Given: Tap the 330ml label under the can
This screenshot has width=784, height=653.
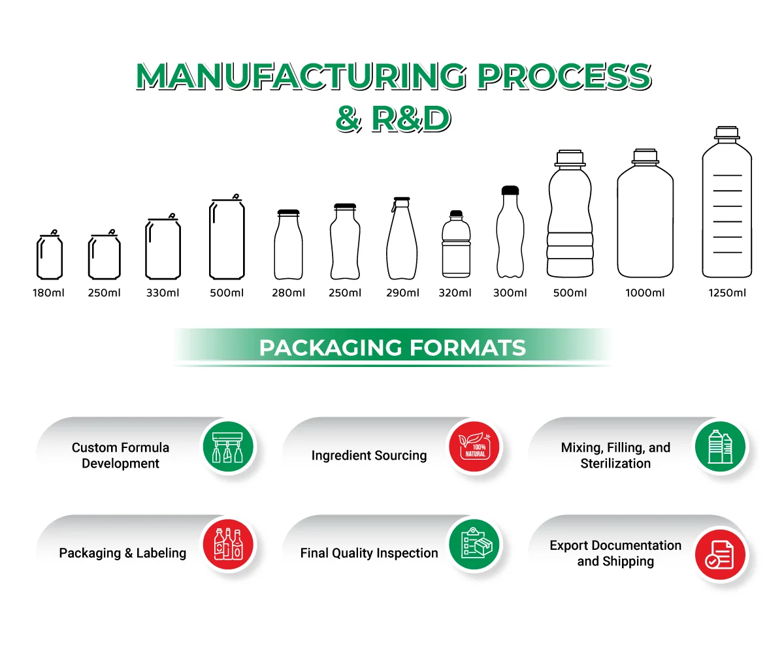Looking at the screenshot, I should (163, 293).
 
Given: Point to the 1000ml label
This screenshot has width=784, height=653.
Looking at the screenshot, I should (645, 293).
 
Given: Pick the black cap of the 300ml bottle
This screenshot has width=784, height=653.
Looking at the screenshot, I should (510, 191).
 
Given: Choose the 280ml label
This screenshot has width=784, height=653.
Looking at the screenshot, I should (288, 293).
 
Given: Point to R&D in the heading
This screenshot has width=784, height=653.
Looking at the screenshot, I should (411, 119).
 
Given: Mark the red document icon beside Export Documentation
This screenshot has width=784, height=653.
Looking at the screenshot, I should (719, 554).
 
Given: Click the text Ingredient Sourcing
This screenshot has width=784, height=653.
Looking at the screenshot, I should (369, 456).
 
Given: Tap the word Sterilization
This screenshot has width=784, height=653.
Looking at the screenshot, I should (615, 464).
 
